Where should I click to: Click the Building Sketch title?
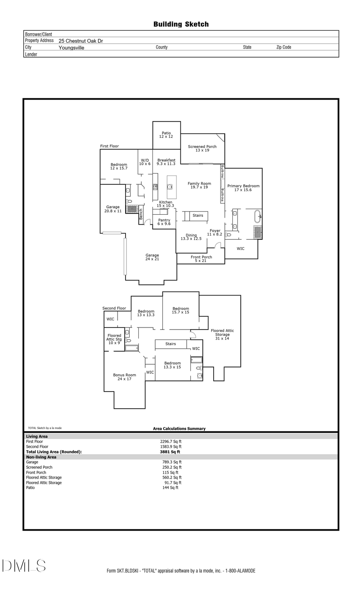point(181,24)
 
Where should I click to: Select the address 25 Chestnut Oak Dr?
point(81,41)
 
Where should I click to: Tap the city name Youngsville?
point(71,48)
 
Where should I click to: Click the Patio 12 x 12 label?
point(166,135)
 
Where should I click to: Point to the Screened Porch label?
point(202,148)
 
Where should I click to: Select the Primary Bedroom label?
point(243,188)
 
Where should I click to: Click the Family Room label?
point(199,185)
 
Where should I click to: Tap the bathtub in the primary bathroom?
point(258,216)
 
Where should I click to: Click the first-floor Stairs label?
point(198,216)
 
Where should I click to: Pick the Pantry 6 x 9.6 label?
point(164,222)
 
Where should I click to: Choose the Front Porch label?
point(201,259)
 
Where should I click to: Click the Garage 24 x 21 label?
point(152,257)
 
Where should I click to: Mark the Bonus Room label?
point(124,377)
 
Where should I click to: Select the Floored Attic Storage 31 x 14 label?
point(222,334)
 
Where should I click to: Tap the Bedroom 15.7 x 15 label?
point(181,310)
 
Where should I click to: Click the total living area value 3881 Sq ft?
point(170,452)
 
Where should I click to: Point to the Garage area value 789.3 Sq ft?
point(172,462)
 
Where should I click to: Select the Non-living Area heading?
point(41,457)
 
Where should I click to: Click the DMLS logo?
point(24,565)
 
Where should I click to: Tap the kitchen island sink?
point(170,187)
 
